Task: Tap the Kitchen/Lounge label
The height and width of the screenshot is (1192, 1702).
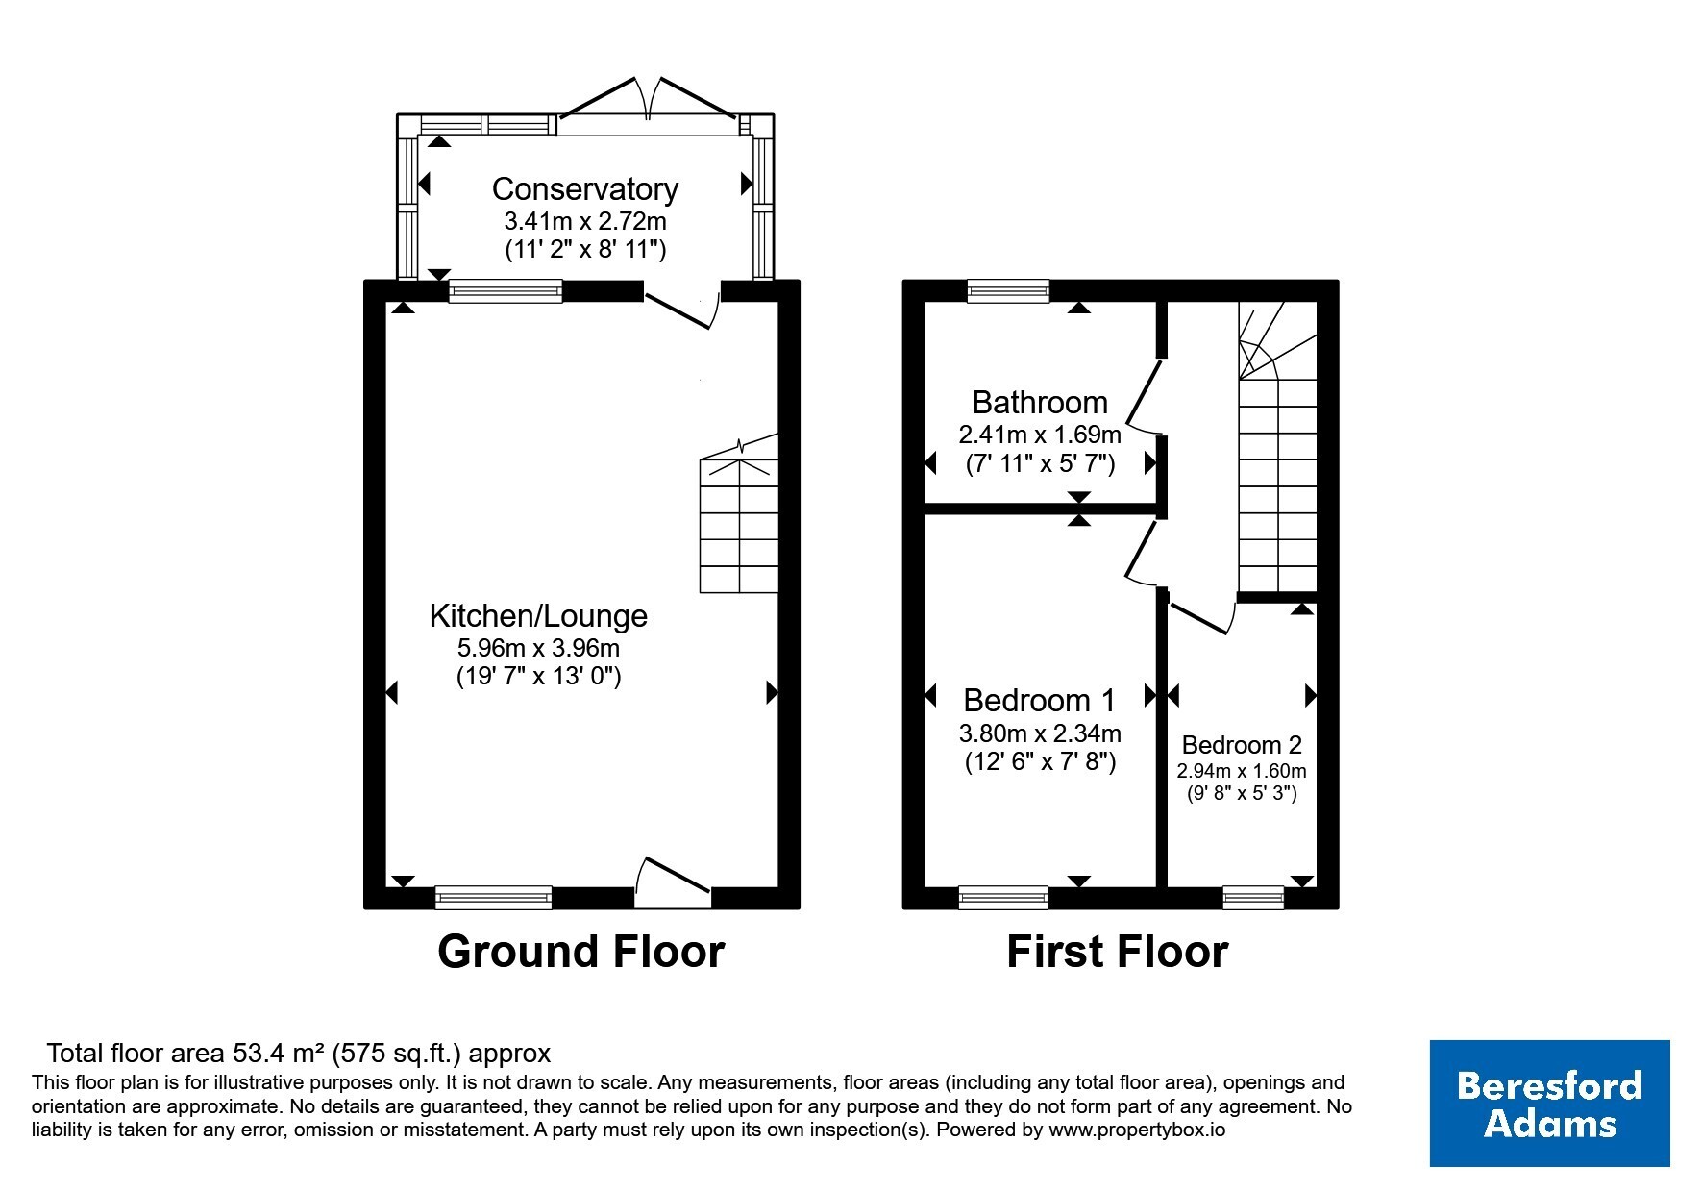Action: [538, 615]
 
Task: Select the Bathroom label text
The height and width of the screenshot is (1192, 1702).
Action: [1040, 402]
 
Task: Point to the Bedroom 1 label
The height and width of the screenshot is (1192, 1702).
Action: [1039, 700]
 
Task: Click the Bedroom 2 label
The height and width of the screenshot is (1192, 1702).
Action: [1242, 745]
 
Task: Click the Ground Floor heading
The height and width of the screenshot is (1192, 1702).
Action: [580, 952]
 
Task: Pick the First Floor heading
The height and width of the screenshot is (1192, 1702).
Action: [1117, 952]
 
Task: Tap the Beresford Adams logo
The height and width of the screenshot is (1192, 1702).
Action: [1549, 1104]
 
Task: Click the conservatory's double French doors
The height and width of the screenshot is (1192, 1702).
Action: [651, 100]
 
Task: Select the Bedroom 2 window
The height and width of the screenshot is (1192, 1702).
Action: [1253, 898]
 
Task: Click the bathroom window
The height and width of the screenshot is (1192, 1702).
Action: [1008, 290]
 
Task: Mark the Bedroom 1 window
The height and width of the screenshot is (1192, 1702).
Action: [1003, 898]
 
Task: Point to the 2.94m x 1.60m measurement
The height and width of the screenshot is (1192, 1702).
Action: [1242, 771]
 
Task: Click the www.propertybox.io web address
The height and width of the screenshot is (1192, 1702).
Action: [1137, 1130]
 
